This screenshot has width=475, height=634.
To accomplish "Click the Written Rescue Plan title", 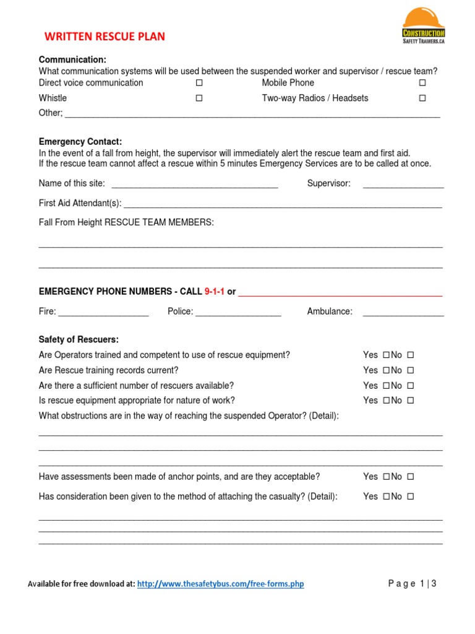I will (x=105, y=37).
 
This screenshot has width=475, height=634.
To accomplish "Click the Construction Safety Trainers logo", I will (x=423, y=26).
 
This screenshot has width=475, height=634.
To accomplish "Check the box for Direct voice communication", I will (x=199, y=83).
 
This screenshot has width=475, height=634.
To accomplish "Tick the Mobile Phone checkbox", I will (x=422, y=83).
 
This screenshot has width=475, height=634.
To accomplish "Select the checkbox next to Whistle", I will (x=199, y=98).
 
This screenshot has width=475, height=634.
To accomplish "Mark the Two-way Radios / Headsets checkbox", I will (x=422, y=98).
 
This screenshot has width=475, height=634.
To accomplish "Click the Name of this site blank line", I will (x=194, y=185).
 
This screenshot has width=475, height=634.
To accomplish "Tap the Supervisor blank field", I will (x=403, y=185).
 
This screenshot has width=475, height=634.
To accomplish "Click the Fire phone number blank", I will (x=103, y=313).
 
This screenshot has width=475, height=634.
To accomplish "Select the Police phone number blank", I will (x=238, y=313).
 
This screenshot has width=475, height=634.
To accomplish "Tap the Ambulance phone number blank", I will (x=403, y=313).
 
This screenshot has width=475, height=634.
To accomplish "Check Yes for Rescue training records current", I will (x=386, y=371).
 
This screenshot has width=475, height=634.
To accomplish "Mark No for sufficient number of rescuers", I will (x=410, y=386).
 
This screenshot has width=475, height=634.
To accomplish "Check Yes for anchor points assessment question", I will (x=386, y=477).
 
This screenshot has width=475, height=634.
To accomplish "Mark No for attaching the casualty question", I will (x=410, y=497).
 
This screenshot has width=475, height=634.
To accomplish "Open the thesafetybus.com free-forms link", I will (x=220, y=584).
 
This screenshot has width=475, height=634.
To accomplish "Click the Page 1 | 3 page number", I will (x=412, y=583).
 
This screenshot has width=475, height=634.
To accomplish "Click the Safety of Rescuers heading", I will (x=79, y=340).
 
